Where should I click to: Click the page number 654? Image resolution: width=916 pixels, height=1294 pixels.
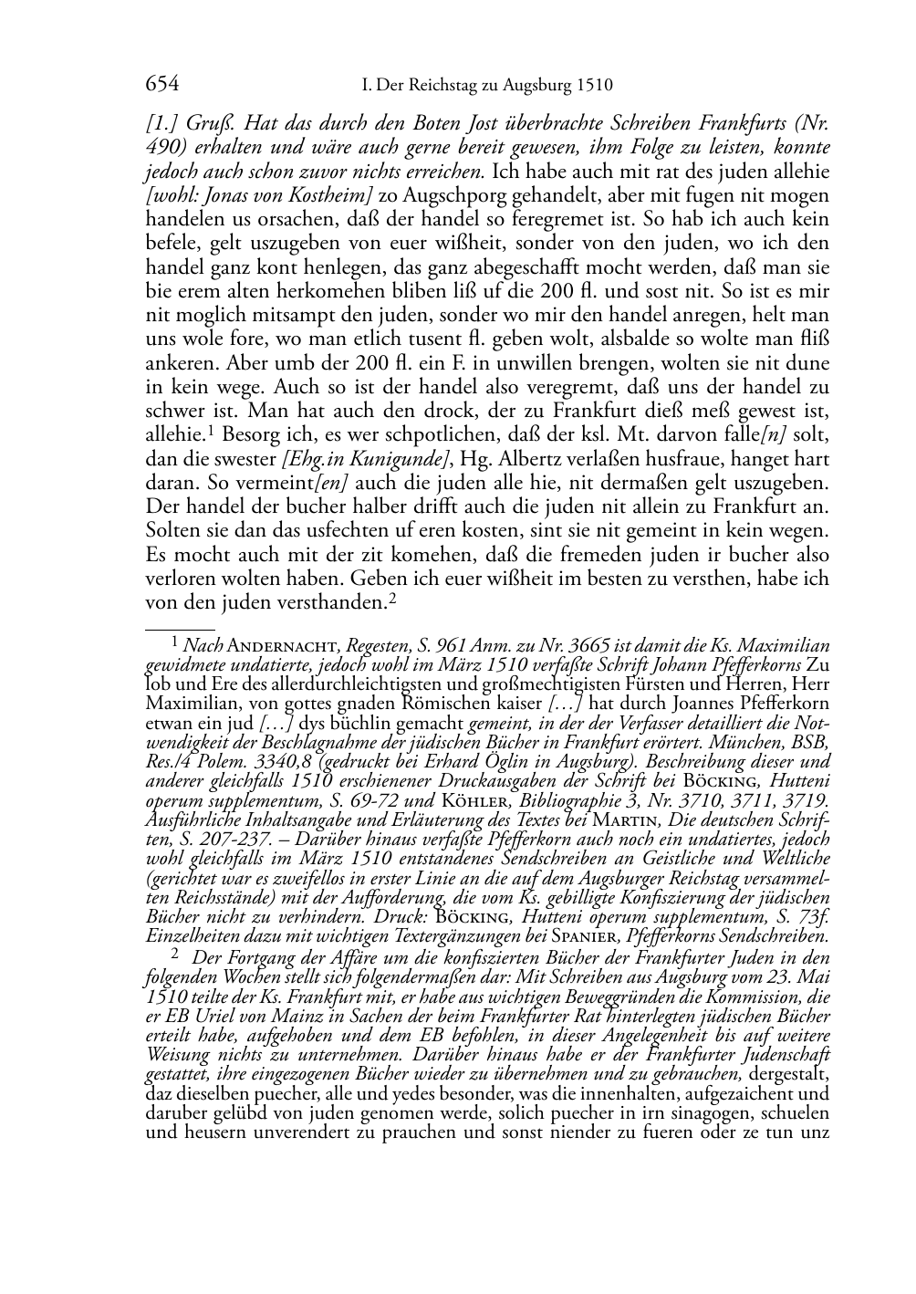(x=161, y=85)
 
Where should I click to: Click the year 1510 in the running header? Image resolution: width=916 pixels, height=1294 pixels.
(x=594, y=86)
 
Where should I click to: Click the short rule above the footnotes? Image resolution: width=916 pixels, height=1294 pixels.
(x=179, y=628)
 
